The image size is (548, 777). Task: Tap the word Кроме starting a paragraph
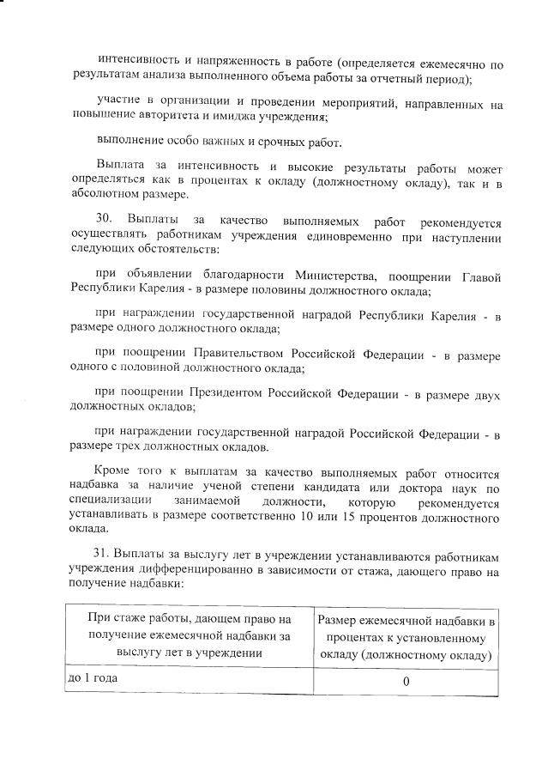coord(114,470)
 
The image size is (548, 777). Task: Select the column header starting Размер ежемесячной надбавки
coord(406,638)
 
